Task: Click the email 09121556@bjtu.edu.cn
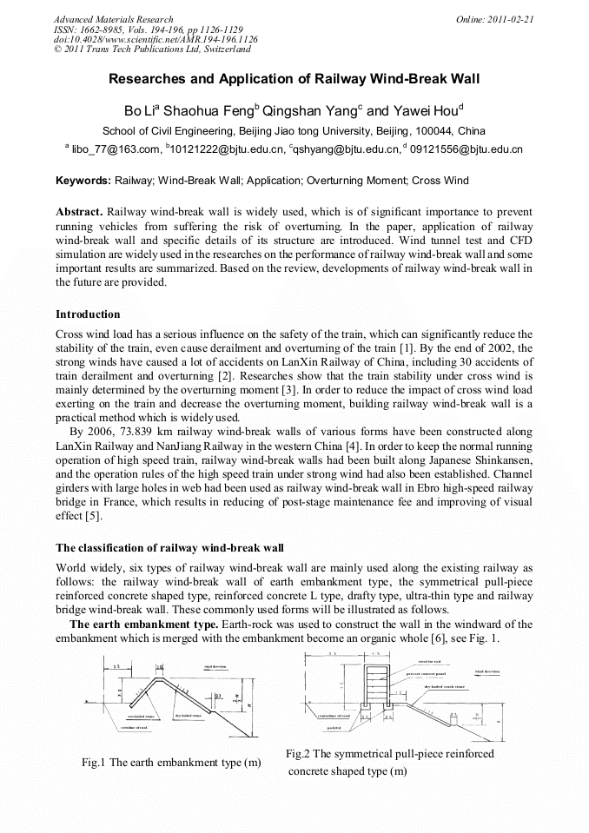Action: click(466, 149)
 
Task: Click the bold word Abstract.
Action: click(79, 212)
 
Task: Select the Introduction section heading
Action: click(88, 314)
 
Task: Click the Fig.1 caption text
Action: click(171, 763)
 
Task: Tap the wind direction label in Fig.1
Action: click(215, 667)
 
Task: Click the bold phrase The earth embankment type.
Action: click(143, 625)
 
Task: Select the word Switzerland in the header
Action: click(221, 50)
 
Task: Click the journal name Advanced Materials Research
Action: click(113, 19)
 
